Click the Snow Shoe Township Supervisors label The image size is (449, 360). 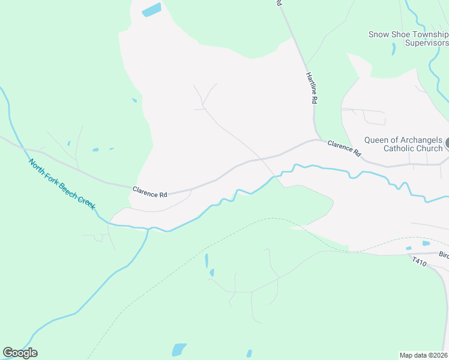[408, 38]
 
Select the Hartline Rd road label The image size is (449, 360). [311, 89]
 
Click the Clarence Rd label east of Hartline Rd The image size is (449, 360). [344, 148]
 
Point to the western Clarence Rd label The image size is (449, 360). [149, 191]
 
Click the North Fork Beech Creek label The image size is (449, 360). [62, 184]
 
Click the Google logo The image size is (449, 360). [20, 353]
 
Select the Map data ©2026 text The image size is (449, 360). [423, 355]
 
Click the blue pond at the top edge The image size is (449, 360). [152, 10]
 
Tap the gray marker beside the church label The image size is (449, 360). [447, 144]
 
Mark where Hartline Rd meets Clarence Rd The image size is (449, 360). [315, 140]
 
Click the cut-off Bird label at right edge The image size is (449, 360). [444, 254]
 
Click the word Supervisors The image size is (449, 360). [427, 43]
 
